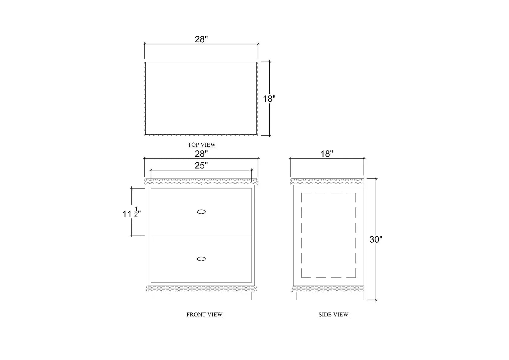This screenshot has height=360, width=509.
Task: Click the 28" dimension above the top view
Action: click(x=201, y=39)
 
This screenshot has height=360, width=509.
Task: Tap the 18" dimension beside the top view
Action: click(x=269, y=99)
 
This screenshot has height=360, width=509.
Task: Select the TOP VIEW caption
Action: click(x=202, y=145)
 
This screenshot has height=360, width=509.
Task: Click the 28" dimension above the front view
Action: click(x=201, y=154)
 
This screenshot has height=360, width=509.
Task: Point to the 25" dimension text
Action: click(x=201, y=165)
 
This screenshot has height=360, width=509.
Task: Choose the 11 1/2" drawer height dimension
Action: click(x=131, y=212)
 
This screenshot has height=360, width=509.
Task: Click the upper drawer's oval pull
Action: click(x=201, y=212)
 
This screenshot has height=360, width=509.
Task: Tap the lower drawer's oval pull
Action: click(x=201, y=259)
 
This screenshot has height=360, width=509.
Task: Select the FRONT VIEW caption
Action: click(x=205, y=315)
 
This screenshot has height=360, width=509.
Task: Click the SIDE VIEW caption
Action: click(x=333, y=315)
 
